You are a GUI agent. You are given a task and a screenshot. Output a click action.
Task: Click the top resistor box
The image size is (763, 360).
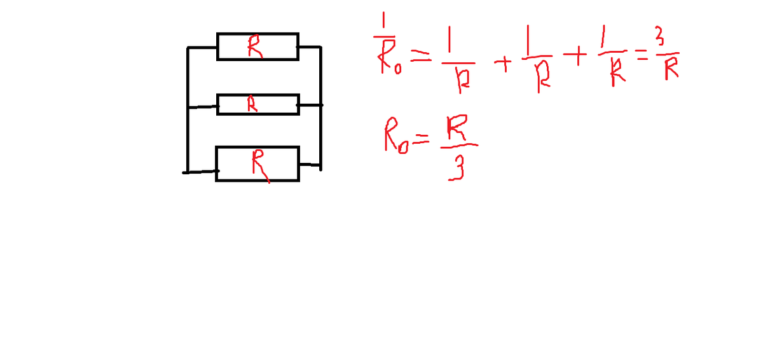coord(258,46)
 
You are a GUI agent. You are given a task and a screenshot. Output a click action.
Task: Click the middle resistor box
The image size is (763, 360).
coord(258,104)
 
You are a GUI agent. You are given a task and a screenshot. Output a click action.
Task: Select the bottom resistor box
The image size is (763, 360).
coord(257,163)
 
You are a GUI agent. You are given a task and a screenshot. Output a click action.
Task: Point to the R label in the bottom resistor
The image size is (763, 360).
coord(258,165)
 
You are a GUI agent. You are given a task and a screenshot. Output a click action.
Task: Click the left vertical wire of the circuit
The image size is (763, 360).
coord(188,108)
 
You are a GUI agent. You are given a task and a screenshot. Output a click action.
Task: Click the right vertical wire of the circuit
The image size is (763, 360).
coord(320,108)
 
